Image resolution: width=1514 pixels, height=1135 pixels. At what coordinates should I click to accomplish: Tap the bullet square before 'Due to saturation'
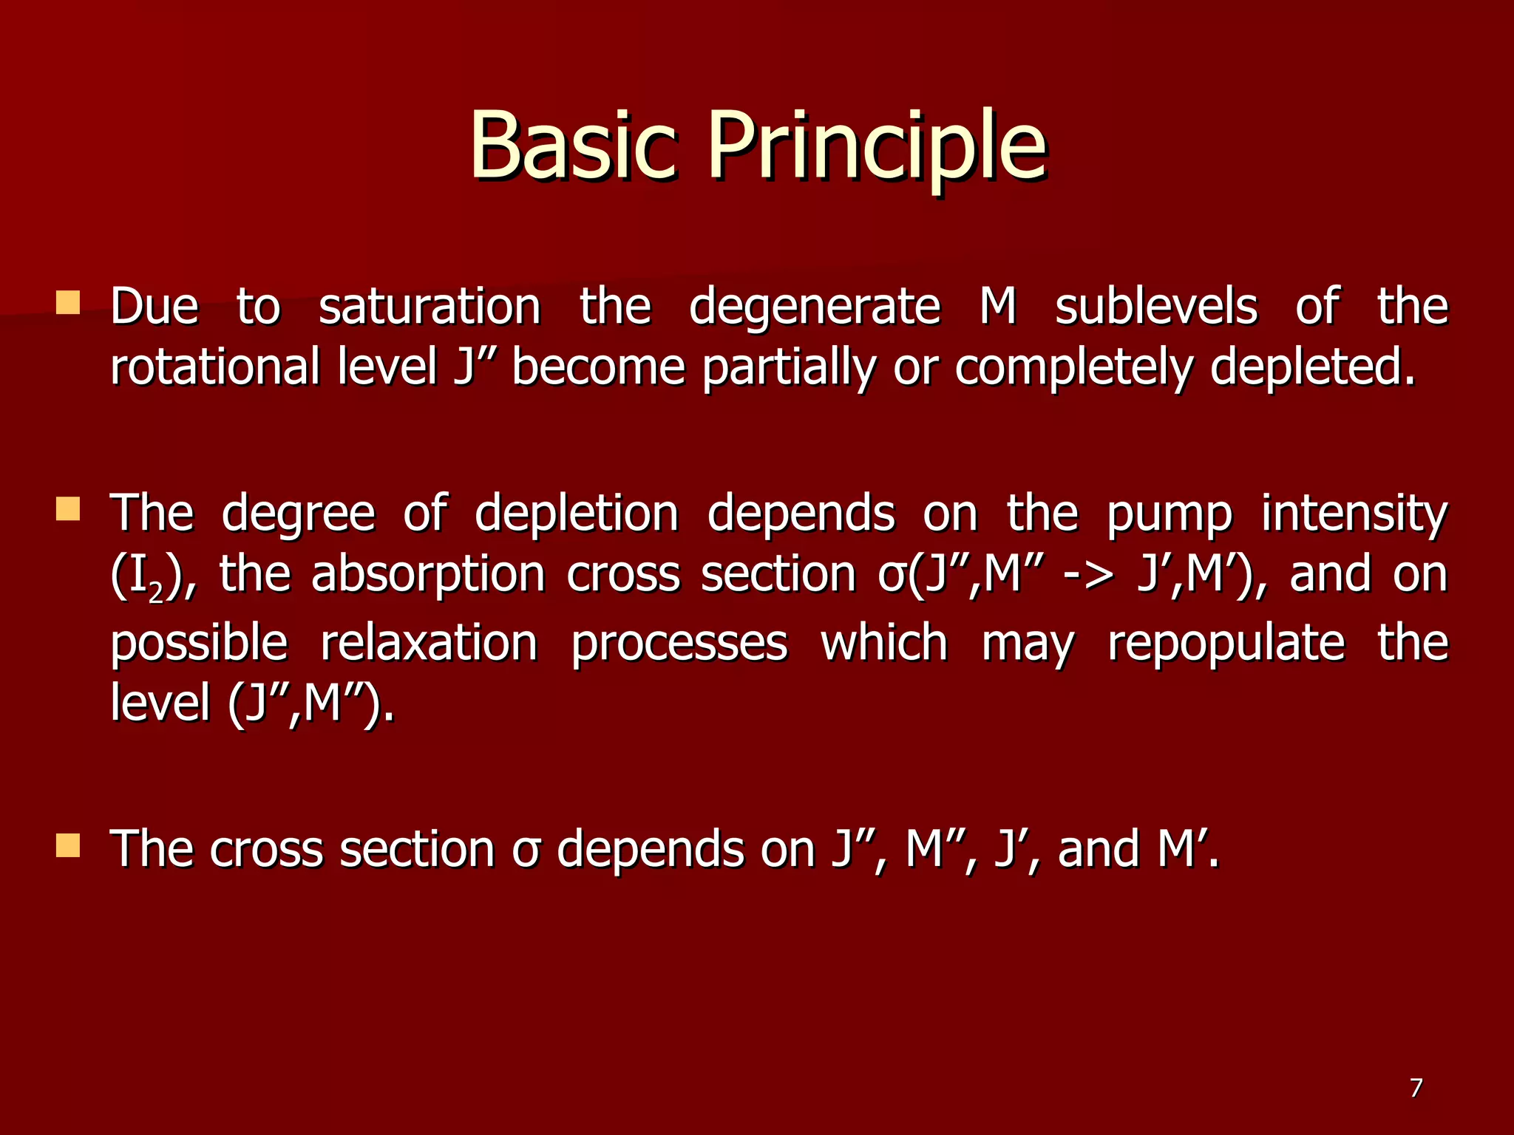68,303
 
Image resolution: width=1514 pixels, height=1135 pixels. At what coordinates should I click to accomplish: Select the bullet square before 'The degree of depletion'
68,508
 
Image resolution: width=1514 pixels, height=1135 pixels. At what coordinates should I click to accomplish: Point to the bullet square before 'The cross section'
68,845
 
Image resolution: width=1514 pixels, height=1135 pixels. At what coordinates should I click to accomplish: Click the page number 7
1415,1088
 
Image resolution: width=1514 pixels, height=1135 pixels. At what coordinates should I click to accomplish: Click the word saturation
430,307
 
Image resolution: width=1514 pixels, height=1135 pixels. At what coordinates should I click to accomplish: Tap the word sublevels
1155,307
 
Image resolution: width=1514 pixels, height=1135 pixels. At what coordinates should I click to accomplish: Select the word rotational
214,367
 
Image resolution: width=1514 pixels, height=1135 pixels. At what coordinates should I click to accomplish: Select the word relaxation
429,642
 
